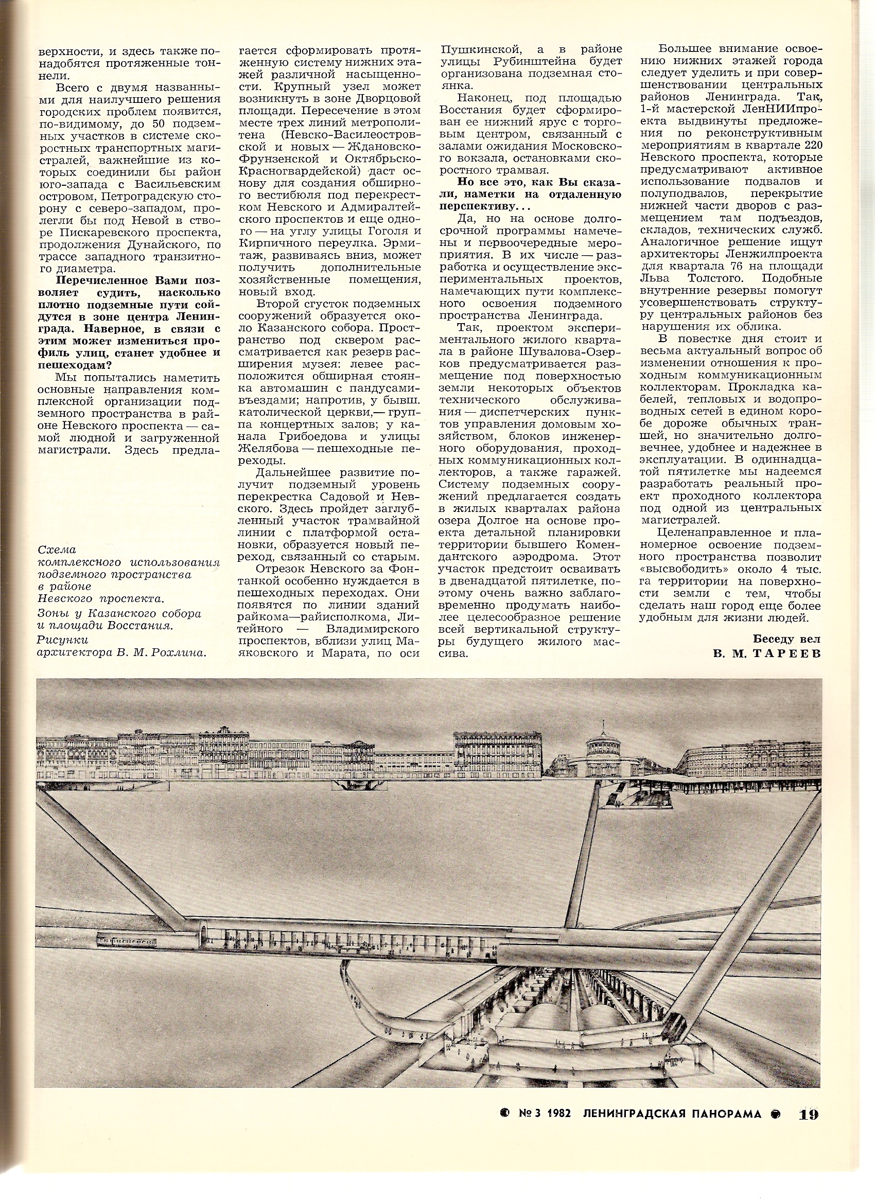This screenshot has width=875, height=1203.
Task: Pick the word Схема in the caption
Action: (57, 550)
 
